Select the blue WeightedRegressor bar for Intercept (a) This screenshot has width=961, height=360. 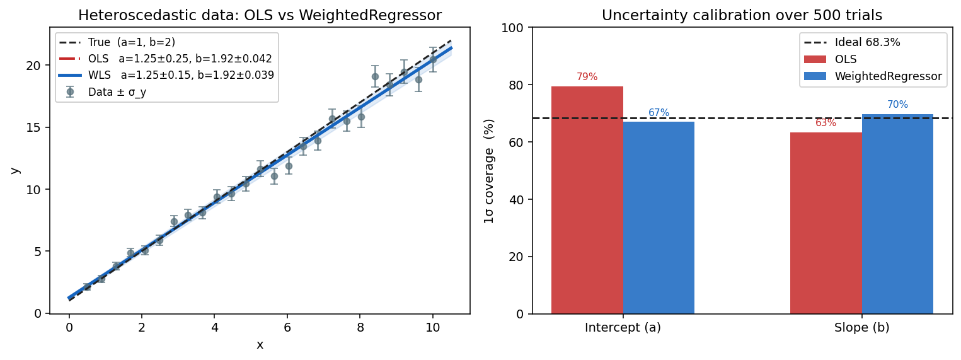coord(659,218)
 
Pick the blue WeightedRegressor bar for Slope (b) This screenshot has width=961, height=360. coord(897,214)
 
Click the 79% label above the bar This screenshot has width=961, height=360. coord(587,77)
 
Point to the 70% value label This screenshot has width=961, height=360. coord(897,105)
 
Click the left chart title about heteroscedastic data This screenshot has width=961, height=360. coord(260,16)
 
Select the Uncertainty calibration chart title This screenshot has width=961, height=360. coord(742,16)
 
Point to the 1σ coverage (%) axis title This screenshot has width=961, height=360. coord(490,171)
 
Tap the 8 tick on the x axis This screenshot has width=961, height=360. coord(360,328)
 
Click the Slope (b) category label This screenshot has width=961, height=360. coord(861,328)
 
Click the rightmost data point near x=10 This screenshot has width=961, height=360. coord(433,59)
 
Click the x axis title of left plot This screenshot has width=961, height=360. coord(260,345)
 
